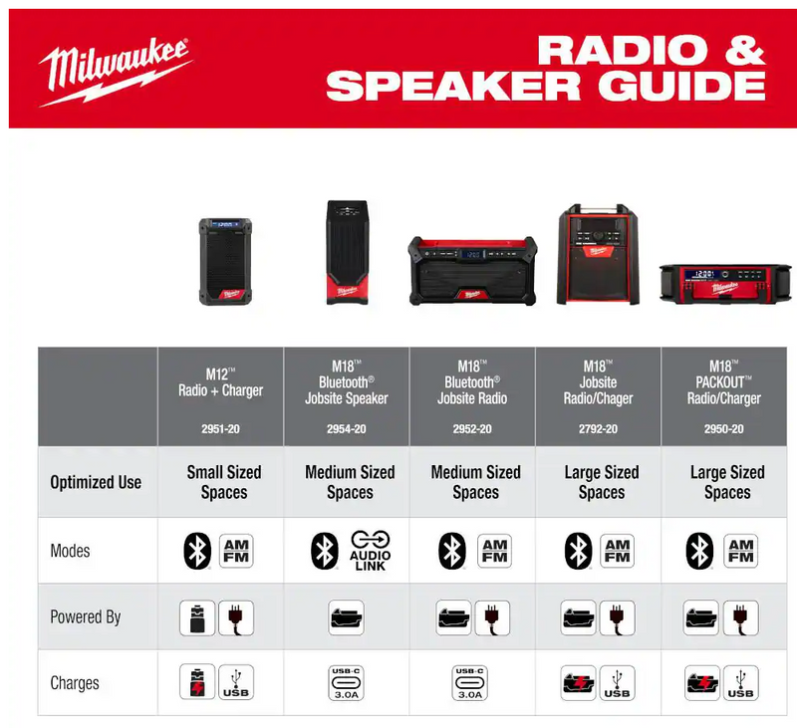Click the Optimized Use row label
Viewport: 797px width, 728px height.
pos(96,482)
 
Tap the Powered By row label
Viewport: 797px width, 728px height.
pos(86,616)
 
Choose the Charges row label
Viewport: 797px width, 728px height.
pos(75,683)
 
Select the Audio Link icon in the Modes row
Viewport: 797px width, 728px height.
pos(370,550)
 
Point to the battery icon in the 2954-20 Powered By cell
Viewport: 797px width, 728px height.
pos(347,617)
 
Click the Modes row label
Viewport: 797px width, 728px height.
pos(71,550)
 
